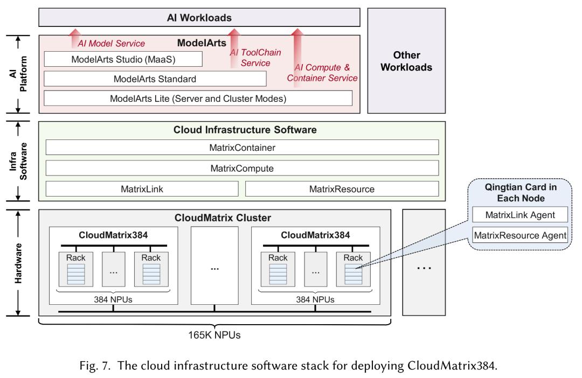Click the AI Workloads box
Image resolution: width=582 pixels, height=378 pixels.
(199, 17)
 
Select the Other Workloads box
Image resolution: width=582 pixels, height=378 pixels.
(406, 61)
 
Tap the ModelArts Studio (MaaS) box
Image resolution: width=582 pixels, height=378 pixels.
(123, 59)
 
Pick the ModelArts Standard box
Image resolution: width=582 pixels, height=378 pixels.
(155, 79)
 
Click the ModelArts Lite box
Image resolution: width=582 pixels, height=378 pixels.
(198, 99)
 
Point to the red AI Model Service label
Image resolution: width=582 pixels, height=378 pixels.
(112, 44)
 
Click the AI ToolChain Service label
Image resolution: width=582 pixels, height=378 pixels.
(255, 58)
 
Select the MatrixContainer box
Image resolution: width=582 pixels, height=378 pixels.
(242, 147)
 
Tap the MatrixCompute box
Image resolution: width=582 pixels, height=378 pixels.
(242, 168)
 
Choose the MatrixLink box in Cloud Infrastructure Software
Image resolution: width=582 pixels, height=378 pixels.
(142, 189)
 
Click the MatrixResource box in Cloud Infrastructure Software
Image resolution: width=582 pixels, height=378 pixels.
(342, 189)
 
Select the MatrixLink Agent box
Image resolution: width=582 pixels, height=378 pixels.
(520, 215)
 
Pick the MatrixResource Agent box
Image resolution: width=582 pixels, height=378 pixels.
(520, 235)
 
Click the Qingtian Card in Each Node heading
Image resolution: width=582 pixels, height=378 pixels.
(521, 193)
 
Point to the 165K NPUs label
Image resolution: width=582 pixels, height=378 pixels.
(214, 335)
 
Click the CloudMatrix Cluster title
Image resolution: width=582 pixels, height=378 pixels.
(223, 218)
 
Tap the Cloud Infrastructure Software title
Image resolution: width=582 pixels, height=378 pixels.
(245, 130)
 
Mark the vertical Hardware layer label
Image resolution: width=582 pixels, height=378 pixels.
(18, 263)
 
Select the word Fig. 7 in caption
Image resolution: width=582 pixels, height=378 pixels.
(95, 366)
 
